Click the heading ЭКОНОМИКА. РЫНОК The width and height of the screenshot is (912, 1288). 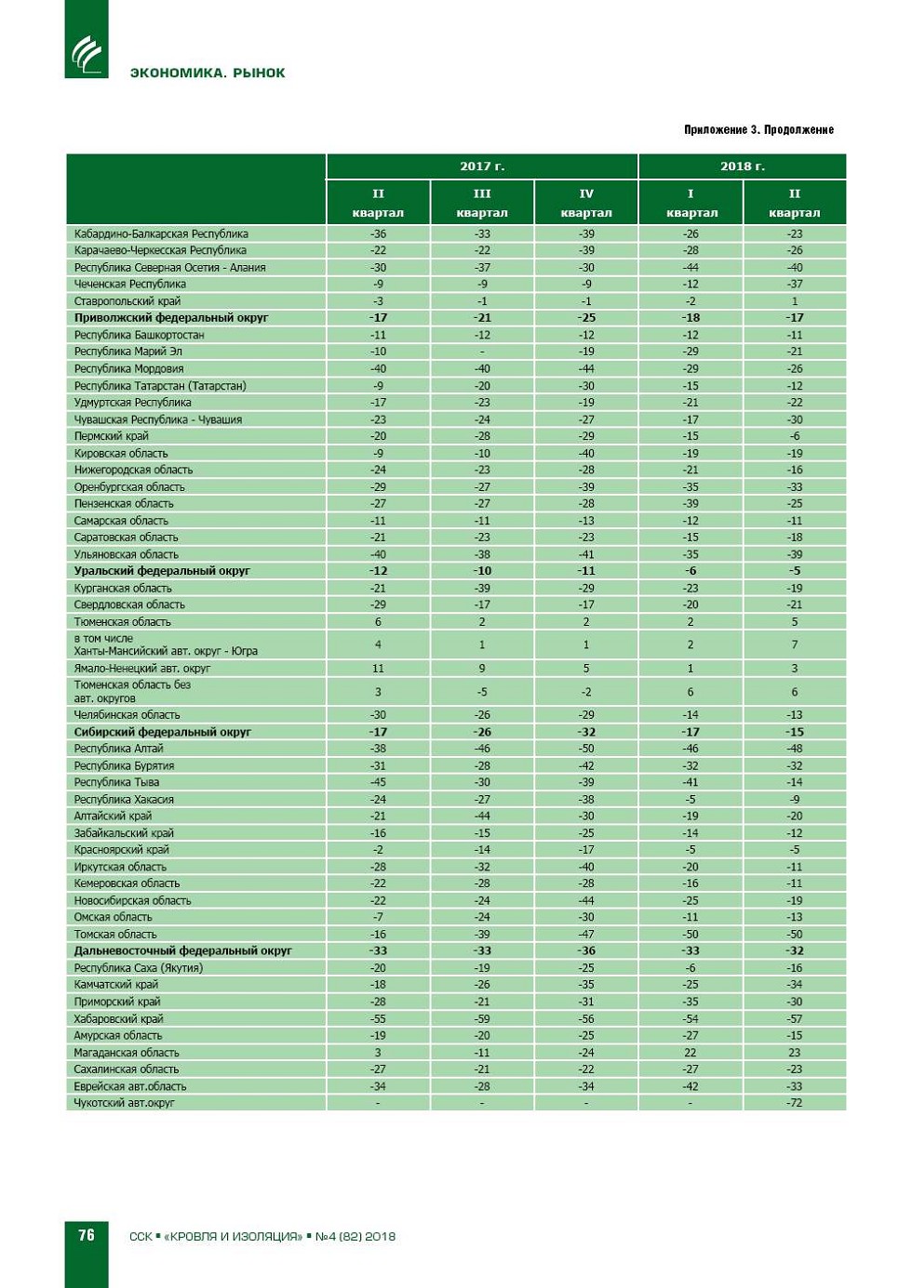tap(208, 73)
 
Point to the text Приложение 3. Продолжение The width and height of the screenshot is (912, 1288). tap(758, 129)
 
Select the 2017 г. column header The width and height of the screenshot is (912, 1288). tap(482, 166)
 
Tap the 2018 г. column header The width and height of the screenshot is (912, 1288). tap(742, 166)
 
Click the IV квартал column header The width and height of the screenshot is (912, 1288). tap(586, 203)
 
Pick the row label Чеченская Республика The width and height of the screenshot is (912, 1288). tap(130, 285)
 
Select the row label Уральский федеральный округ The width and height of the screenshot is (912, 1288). tap(162, 571)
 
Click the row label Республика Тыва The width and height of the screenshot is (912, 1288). tap(116, 782)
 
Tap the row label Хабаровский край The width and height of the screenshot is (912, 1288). tap(118, 1018)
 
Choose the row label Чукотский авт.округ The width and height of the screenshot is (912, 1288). tap(125, 1103)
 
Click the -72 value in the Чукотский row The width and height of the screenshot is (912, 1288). tap(794, 1103)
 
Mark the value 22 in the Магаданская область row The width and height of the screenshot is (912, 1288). tap(691, 1053)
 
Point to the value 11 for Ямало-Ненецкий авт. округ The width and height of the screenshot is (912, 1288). tap(378, 669)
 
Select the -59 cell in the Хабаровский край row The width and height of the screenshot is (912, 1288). tap(482, 1018)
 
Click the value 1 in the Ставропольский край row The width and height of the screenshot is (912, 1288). tap(794, 301)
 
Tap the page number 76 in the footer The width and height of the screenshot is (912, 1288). tap(87, 1235)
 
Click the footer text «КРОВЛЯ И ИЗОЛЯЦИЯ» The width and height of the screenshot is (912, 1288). tap(233, 1237)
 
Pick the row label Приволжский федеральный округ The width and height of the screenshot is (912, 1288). tap(171, 318)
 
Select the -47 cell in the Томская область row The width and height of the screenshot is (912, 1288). tap(586, 935)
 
